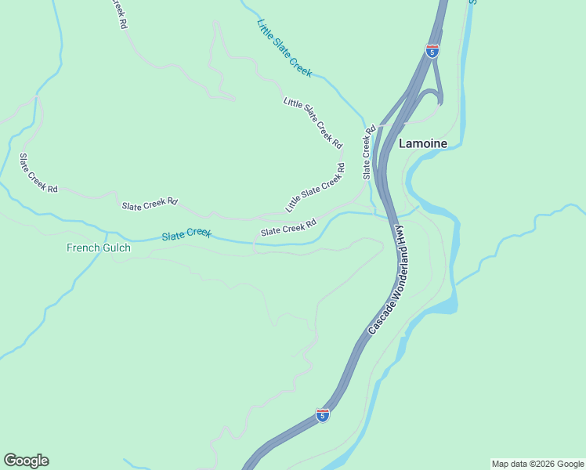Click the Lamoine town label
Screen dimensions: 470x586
pyautogui.click(x=423, y=143)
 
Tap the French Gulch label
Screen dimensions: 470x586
pyautogui.click(x=98, y=248)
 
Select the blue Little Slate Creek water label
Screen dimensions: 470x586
pyautogui.click(x=284, y=49)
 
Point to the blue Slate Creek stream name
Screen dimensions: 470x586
pyautogui.click(x=186, y=234)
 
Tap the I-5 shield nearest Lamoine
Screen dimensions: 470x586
pyautogui.click(x=432, y=51)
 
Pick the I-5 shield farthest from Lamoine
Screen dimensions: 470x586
pyautogui.click(x=323, y=414)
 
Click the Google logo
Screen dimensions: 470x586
pyautogui.click(x=26, y=461)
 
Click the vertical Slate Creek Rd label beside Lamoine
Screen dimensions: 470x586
pyautogui.click(x=368, y=152)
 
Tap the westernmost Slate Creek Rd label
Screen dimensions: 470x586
pyautogui.click(x=38, y=173)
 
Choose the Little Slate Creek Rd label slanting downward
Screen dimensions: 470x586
pyautogui.click(x=313, y=123)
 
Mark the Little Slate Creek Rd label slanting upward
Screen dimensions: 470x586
pyautogui.click(x=315, y=188)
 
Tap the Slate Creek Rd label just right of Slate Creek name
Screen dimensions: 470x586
pyautogui.click(x=288, y=227)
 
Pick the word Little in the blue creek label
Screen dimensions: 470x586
pyautogui.click(x=264, y=29)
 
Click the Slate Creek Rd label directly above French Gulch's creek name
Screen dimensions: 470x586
pyautogui.click(x=150, y=205)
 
